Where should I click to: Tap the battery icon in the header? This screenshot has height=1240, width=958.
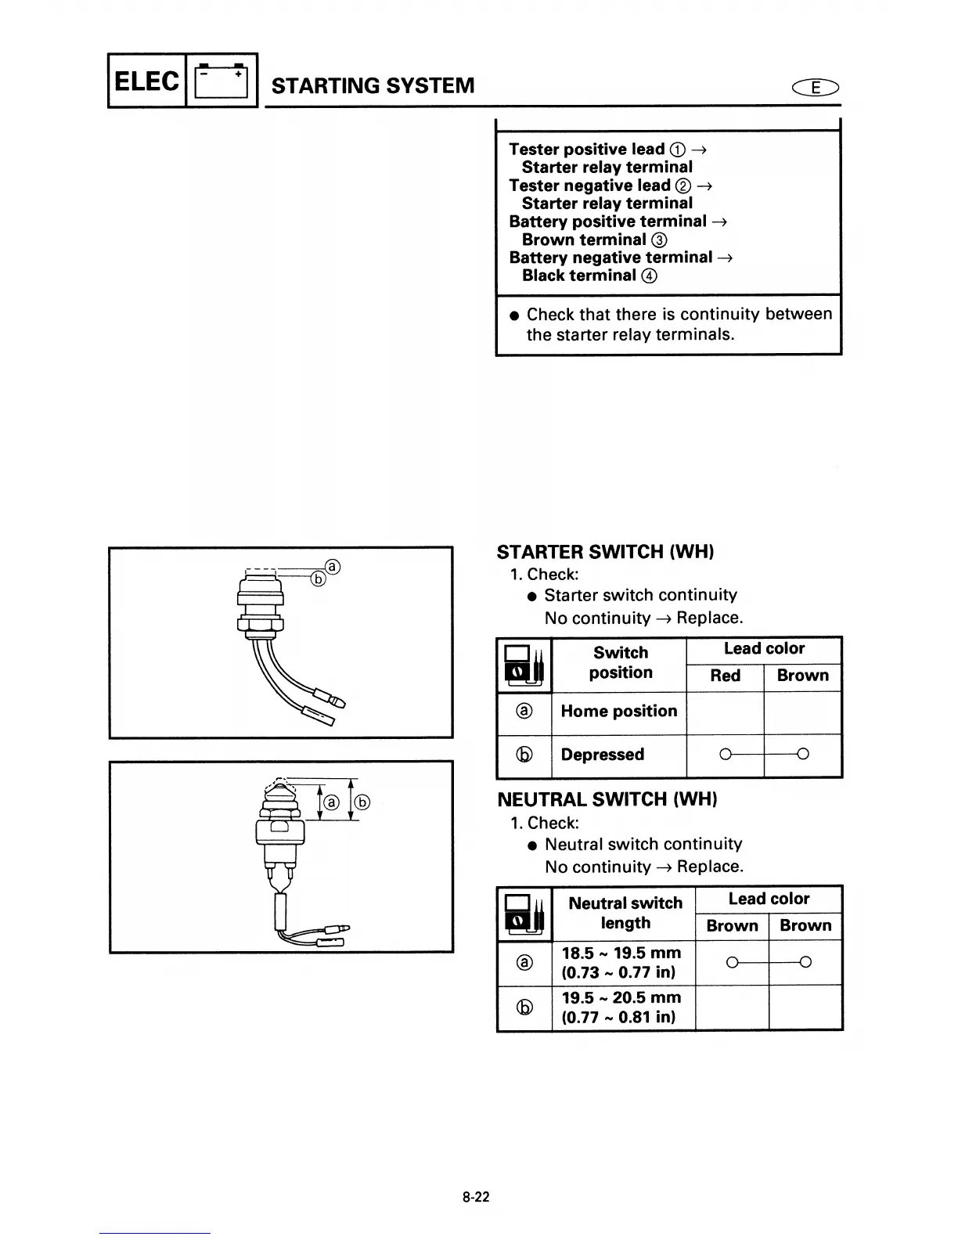coord(221,81)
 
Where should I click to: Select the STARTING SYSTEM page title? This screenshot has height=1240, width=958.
coord(373,85)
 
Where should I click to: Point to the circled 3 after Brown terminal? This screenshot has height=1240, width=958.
coord(659,240)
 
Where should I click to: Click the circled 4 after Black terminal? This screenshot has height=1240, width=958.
coord(649,276)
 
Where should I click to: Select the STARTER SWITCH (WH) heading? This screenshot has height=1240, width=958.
coord(605,552)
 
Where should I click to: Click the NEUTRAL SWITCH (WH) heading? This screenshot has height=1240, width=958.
coord(607,799)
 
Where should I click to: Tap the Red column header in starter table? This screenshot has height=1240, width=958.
coord(725,676)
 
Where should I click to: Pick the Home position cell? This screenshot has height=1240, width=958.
coord(618,712)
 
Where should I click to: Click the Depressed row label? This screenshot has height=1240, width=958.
coord(602,755)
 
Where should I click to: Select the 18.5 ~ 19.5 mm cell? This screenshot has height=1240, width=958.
coord(621,963)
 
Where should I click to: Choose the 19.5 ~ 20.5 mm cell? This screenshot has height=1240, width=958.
coord(621,1008)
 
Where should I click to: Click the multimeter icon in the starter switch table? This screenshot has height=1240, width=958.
coord(524,665)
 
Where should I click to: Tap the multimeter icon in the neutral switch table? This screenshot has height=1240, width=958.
coord(524,914)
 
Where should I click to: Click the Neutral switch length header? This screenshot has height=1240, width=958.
coord(625,913)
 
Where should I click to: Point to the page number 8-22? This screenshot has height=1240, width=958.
coord(476,1197)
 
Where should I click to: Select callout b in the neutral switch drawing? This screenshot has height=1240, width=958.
coord(362,802)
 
